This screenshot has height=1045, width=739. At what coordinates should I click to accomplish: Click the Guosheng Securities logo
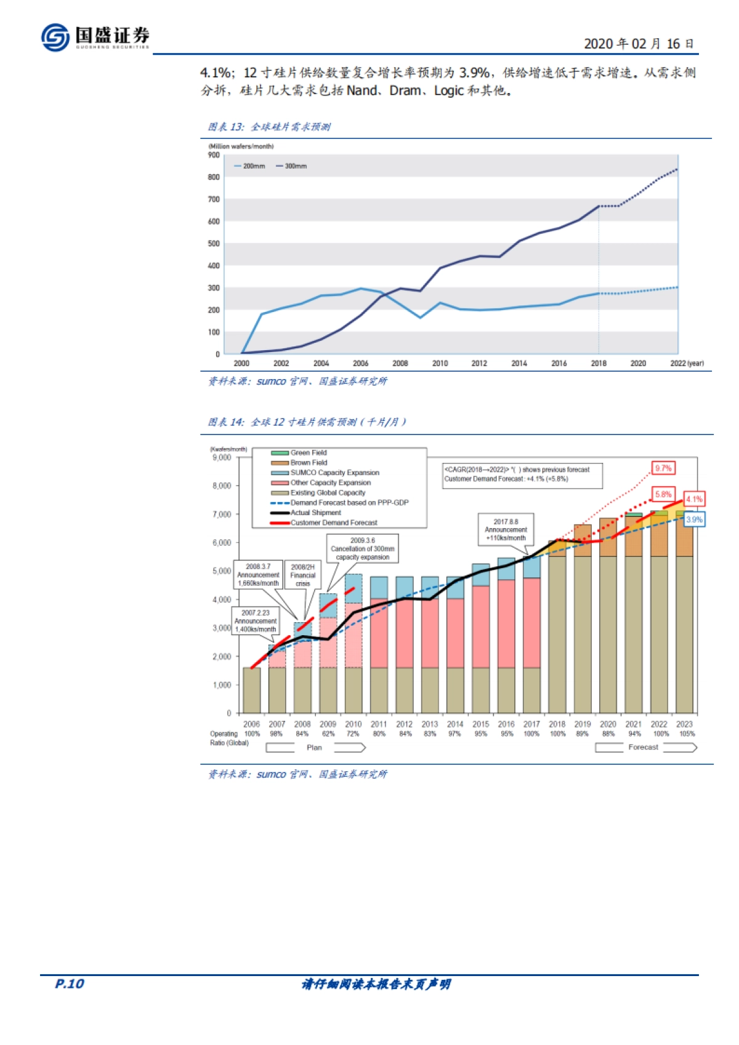95,37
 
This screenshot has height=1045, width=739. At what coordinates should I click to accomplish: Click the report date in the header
639,44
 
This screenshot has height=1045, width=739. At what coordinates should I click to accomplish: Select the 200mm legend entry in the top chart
250,166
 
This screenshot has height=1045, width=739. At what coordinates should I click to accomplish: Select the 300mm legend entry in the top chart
292,166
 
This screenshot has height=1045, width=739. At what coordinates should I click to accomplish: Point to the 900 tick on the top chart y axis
214,155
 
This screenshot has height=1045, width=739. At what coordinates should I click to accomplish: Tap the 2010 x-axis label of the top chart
440,364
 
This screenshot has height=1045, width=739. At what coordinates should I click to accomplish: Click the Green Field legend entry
308,453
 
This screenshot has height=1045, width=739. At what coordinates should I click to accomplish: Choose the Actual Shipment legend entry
315,513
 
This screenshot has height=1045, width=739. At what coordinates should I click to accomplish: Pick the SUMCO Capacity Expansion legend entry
334,473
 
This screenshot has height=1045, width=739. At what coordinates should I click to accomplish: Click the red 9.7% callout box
663,468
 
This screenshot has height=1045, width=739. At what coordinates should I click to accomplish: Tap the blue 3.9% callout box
694,519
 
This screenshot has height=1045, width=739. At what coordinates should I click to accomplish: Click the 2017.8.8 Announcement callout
506,529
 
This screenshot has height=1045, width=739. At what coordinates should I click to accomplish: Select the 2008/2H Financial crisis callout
302,575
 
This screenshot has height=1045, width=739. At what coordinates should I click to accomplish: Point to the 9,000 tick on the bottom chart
222,458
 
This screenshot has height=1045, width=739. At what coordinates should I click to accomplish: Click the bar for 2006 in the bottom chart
251,690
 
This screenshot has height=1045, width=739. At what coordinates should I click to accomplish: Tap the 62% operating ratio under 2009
328,734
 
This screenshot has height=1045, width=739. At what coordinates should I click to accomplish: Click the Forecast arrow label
643,747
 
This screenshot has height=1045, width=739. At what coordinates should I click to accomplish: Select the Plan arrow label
314,748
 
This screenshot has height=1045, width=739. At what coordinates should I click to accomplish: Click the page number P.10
69,983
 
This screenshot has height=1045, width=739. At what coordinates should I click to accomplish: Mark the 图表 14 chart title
307,422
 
